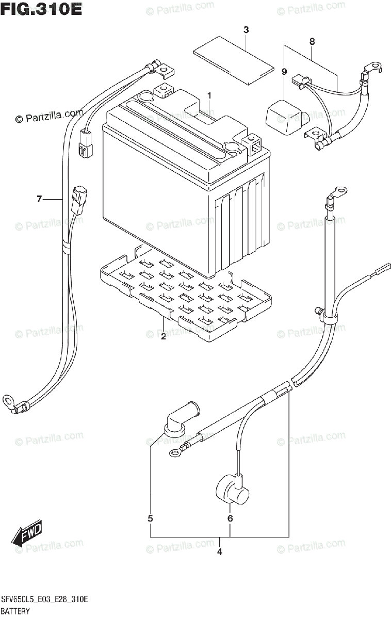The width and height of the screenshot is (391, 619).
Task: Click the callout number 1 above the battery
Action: [x=210, y=95]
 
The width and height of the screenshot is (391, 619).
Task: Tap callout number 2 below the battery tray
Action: [x=163, y=337]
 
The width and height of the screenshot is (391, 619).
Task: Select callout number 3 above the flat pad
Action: [x=246, y=30]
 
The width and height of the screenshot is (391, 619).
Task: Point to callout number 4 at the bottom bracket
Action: [x=219, y=552]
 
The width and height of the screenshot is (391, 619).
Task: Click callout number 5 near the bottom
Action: [x=150, y=518]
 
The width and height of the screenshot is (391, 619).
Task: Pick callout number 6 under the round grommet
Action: [x=230, y=518]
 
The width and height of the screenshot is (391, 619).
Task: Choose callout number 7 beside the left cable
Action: [x=39, y=199]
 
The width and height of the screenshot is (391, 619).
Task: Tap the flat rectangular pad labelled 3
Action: [x=233, y=60]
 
